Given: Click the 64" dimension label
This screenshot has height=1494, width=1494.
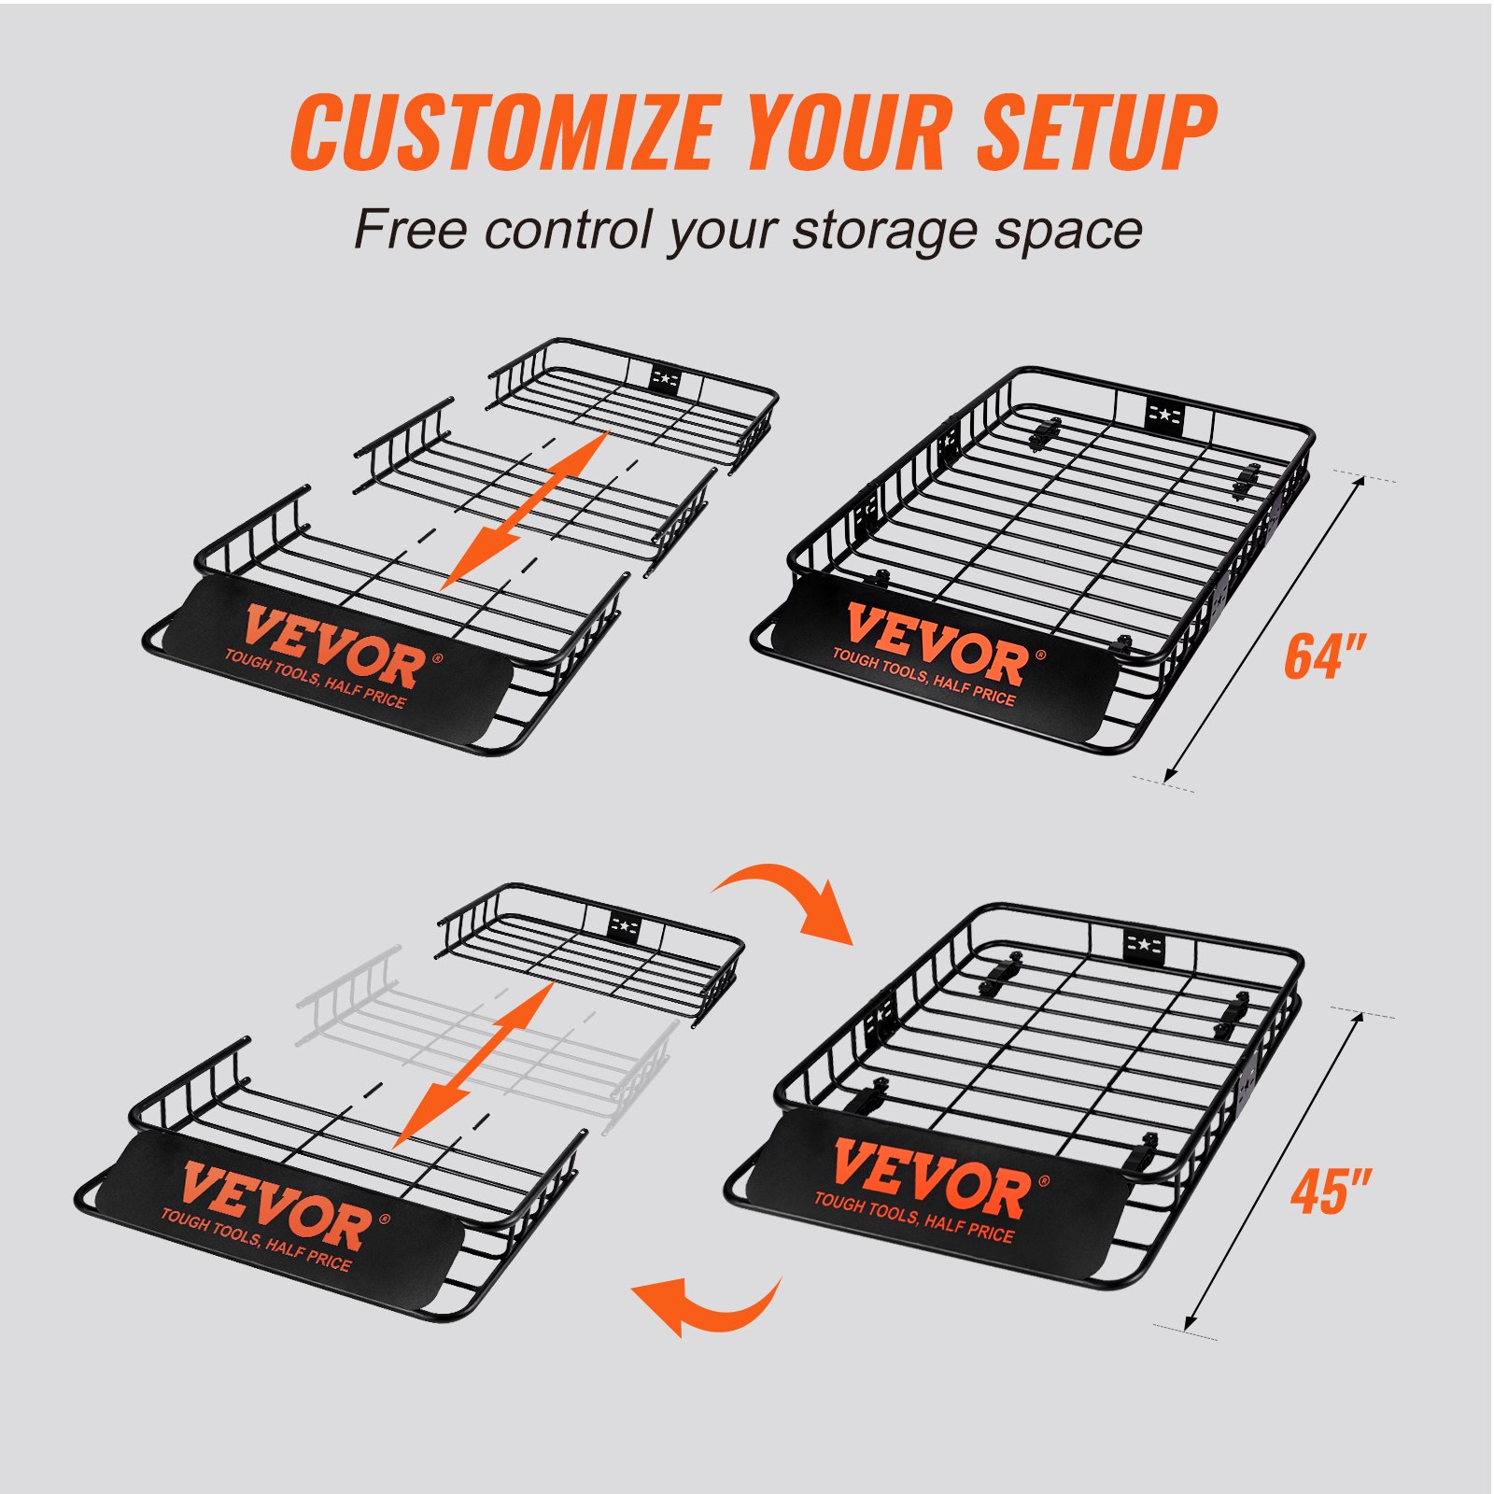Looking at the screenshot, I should point(1324,656).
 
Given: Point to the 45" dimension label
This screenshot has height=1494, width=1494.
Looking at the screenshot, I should point(1330,1191).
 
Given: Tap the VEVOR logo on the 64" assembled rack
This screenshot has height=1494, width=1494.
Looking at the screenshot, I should point(937,644).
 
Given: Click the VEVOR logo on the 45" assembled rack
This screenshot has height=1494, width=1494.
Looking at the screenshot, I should point(930,1179).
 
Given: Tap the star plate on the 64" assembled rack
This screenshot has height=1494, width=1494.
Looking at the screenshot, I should point(1164,414).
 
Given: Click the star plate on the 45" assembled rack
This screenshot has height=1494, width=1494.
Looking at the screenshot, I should point(1143,948).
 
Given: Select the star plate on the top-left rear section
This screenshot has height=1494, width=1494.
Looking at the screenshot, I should point(665,378).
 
